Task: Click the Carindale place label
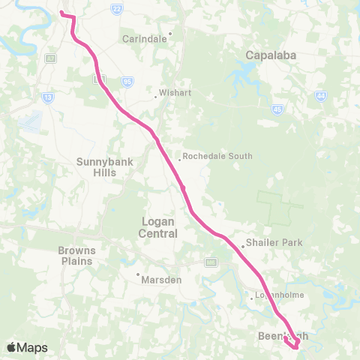(x=145, y=39)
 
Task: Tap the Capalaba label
(x=268, y=55)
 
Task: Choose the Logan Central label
(x=158, y=227)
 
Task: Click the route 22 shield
(x=116, y=8)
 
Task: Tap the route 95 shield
(x=127, y=82)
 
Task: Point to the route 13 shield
(x=48, y=97)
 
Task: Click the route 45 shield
(x=277, y=109)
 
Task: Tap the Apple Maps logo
(x=26, y=347)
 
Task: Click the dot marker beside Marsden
(x=138, y=274)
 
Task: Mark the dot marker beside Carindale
(x=171, y=34)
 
